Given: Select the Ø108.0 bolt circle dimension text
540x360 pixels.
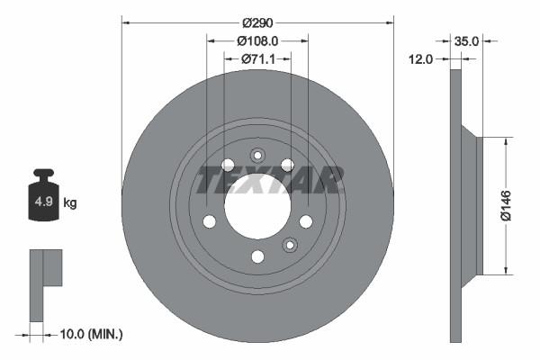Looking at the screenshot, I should pos(257,40).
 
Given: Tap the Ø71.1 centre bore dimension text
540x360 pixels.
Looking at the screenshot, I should pos(258,58).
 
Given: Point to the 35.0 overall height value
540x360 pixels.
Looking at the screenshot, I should pos(466,40).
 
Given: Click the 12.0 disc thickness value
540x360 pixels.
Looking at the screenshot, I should pos(421,58).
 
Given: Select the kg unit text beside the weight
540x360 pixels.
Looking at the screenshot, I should pos(69,203).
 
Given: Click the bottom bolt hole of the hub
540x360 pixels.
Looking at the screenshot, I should pos(257,256).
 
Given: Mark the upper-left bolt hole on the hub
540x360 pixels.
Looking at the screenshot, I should pos(228,165).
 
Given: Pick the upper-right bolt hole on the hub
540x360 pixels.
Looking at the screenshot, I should pos(287,164).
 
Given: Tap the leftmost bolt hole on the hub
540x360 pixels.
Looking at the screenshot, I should pos(209,221).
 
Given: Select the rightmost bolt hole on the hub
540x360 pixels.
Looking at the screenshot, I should pos(306,221).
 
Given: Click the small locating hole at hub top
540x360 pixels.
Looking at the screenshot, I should pos(257,153).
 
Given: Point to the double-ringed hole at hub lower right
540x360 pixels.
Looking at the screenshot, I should pos(290,245).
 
